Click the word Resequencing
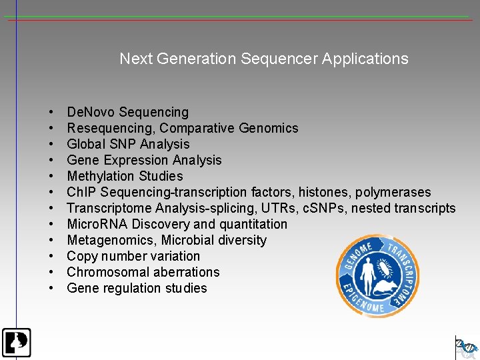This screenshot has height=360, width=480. (x=111, y=128)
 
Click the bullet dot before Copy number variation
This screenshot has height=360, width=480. (x=51, y=256)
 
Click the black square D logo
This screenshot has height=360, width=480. (x=16, y=343)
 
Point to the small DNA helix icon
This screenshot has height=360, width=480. (x=467, y=347)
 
